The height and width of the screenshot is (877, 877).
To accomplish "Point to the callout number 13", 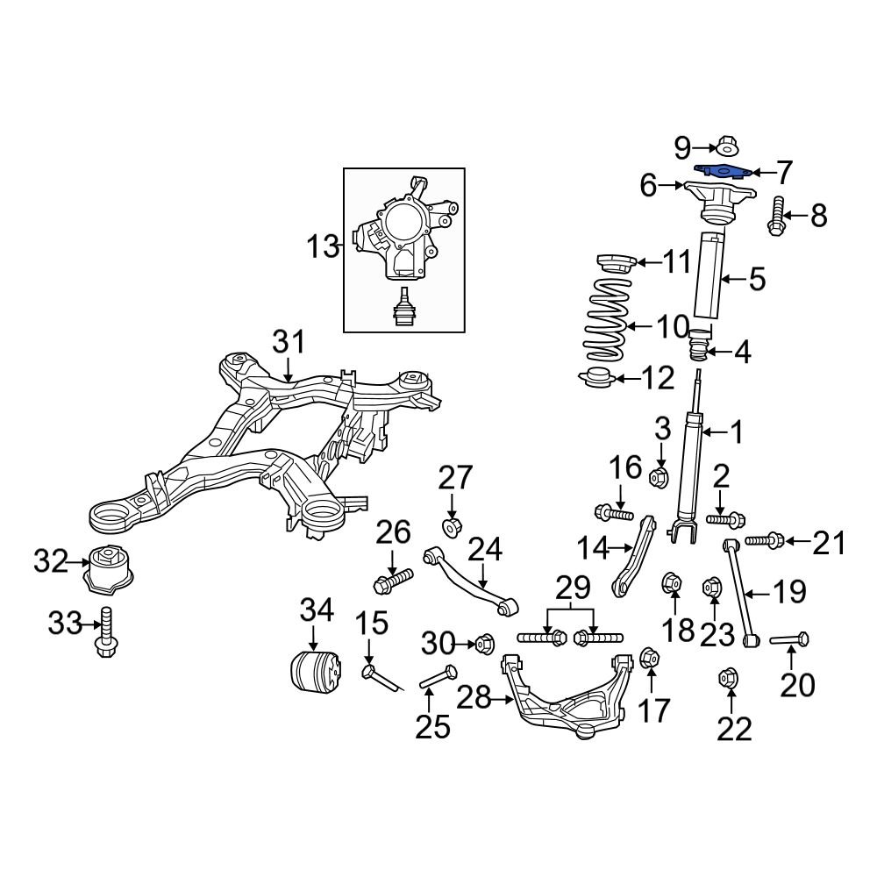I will tap(322, 246).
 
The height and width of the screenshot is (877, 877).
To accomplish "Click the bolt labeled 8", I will tap(776, 216).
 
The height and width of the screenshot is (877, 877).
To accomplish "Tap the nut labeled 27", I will tap(453, 528).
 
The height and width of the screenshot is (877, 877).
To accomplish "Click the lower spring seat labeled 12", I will tap(597, 381).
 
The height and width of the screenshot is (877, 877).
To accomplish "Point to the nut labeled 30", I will tap(483, 645).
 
